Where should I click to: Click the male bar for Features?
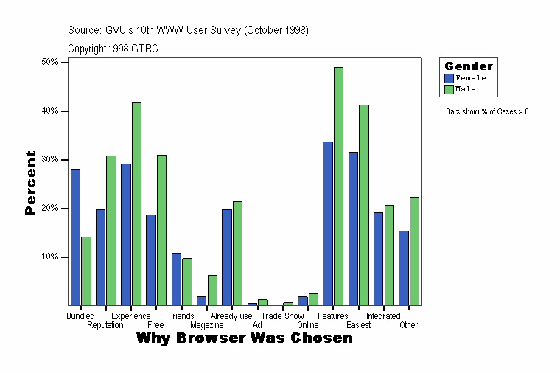[x=338, y=186]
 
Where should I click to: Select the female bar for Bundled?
[x=75, y=237]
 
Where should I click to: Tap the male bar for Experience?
[x=136, y=203]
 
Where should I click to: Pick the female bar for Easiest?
[x=353, y=229]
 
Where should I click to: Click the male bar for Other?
[x=414, y=251]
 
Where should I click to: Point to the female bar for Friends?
[x=176, y=279]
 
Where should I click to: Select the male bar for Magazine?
[x=212, y=290]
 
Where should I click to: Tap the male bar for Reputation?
[x=111, y=230]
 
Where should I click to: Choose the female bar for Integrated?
[x=378, y=259]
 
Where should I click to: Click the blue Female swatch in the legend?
[x=449, y=78]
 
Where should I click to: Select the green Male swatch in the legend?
[x=449, y=89]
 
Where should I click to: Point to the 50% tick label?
[x=50, y=63]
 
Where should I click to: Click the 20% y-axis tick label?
[x=50, y=209]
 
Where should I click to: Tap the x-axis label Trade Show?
[x=282, y=316]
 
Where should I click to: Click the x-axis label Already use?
[x=231, y=316]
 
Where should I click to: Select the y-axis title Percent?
[x=30, y=183]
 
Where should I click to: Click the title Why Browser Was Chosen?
[x=245, y=338]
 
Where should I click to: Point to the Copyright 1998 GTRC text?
[x=113, y=49]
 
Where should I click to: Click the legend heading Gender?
[x=469, y=66]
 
